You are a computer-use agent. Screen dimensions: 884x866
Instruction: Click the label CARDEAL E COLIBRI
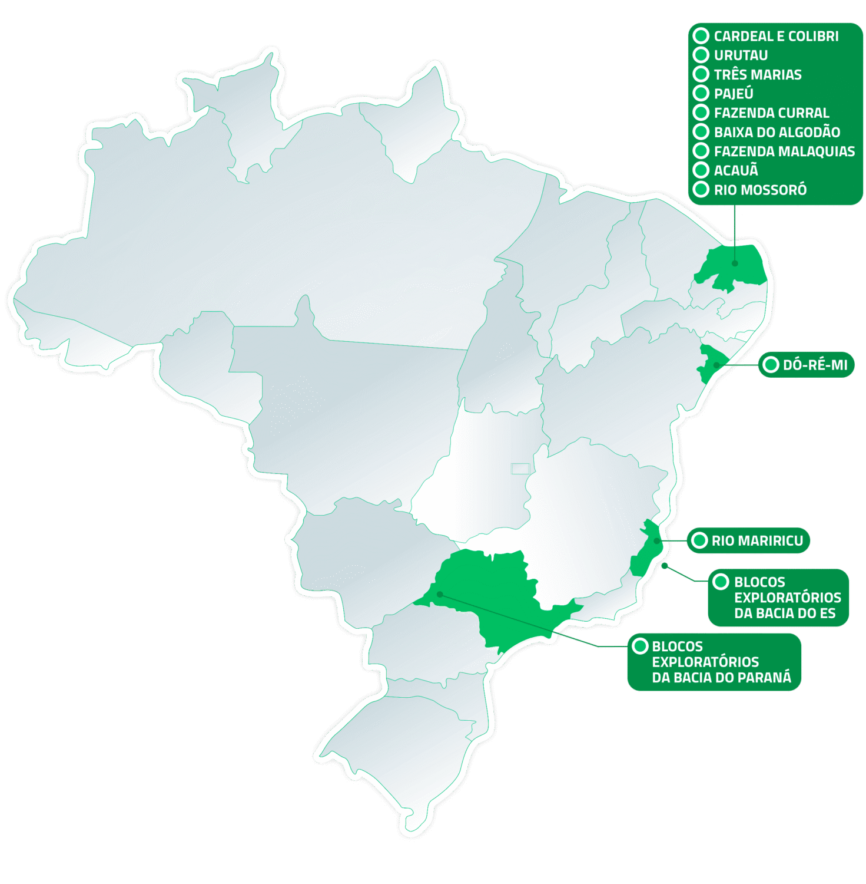pyautogui.click(x=775, y=36)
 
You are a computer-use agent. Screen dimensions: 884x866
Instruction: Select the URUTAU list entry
pyautogui.click(x=740, y=55)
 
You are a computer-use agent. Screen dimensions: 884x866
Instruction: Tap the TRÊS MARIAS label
pyautogui.click(x=757, y=75)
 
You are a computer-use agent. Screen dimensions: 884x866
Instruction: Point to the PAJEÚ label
pyautogui.click(x=733, y=94)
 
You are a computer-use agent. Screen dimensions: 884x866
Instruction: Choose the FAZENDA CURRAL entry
pyautogui.click(x=771, y=113)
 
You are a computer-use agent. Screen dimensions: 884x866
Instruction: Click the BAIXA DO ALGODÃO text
pyautogui.click(x=777, y=132)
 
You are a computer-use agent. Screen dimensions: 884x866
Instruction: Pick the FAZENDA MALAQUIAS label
pyautogui.click(x=784, y=151)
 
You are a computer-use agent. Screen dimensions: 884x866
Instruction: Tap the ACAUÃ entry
pyautogui.click(x=735, y=170)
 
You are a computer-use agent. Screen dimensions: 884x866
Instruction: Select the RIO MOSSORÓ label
pyautogui.click(x=759, y=190)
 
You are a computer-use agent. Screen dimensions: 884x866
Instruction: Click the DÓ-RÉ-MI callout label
pyautogui.click(x=815, y=365)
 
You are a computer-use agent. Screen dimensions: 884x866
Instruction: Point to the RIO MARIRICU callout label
pyautogui.click(x=756, y=540)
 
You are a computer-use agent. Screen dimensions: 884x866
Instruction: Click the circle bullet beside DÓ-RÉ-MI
pyautogui.click(x=770, y=365)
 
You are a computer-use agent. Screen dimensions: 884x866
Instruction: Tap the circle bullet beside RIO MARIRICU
pyautogui.click(x=699, y=540)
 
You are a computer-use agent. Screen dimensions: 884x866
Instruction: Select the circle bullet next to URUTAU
pyautogui.click(x=701, y=55)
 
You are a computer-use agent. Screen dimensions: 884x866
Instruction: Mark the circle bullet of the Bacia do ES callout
pyautogui.click(x=721, y=582)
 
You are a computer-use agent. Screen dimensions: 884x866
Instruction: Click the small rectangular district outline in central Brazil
pyautogui.click(x=520, y=469)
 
